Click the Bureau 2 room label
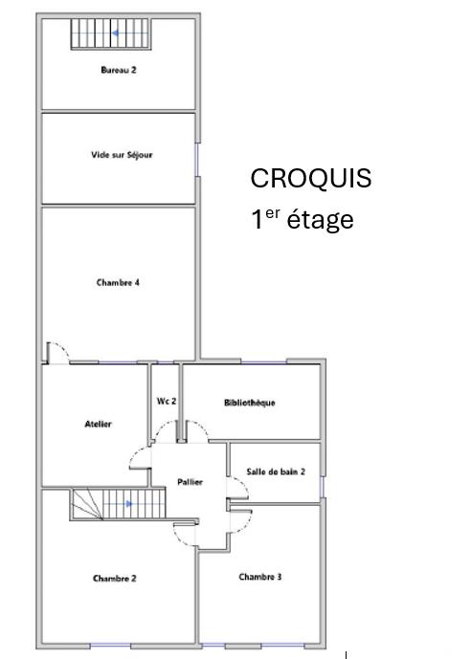[x=119, y=70]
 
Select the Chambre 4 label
[x=119, y=282]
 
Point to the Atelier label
[x=99, y=424]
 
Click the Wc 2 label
[x=166, y=402]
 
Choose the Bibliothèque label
[x=250, y=403]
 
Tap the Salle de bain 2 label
[x=276, y=472]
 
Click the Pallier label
[x=190, y=482]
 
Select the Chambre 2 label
[x=114, y=578]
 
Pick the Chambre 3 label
[x=259, y=577]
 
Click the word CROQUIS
[x=310, y=179]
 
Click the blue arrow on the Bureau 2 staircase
[x=116, y=33]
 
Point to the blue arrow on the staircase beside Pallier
[x=128, y=503]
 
